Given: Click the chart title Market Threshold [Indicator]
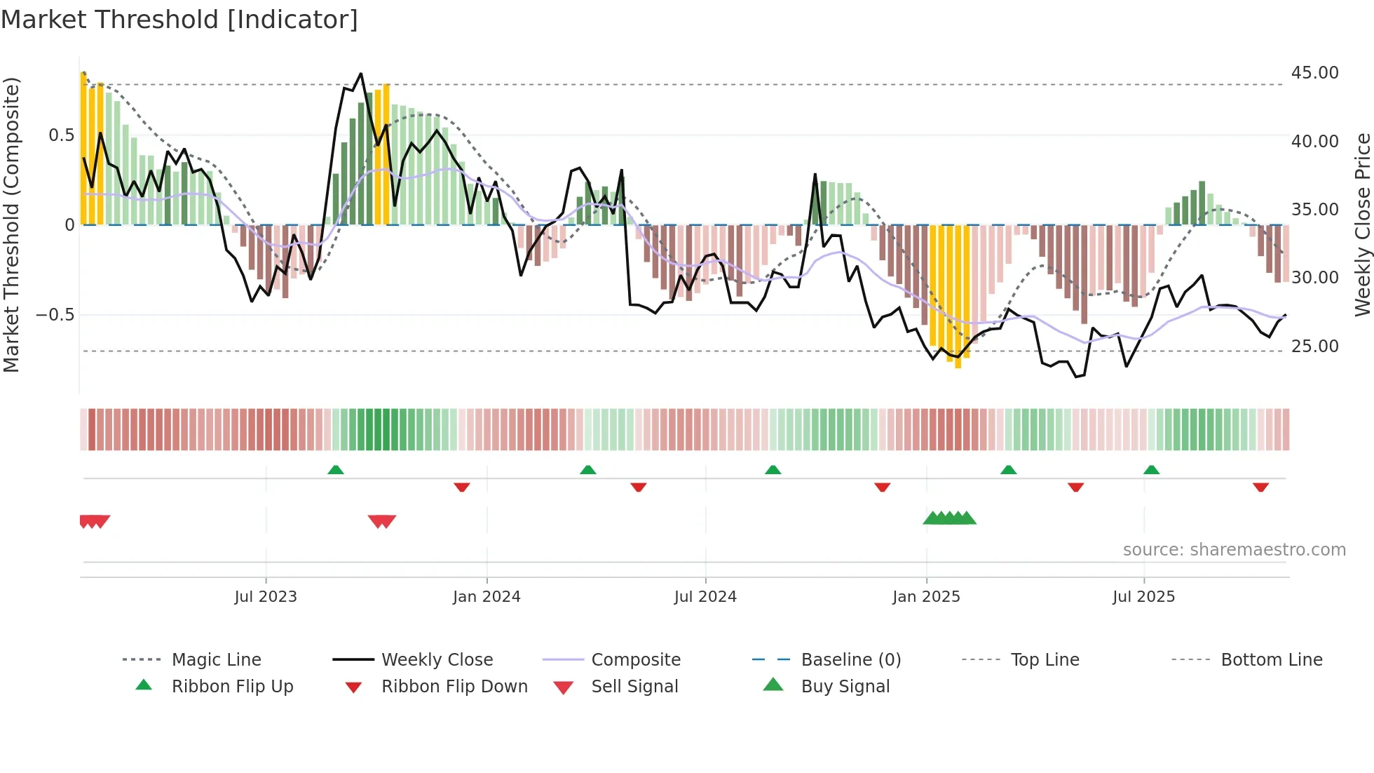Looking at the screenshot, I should click(179, 20).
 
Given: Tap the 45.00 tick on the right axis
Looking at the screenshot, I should click(1314, 73).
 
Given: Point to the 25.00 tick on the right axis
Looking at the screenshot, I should click(1314, 346).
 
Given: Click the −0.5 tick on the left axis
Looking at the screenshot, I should click(55, 315).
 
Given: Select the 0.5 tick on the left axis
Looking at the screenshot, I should click(61, 135).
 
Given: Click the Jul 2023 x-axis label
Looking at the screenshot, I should click(266, 597).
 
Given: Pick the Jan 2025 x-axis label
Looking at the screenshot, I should click(926, 597).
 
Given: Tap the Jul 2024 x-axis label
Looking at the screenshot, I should click(705, 597).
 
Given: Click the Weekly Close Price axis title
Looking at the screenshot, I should click(1362, 224).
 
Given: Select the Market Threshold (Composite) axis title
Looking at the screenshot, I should click(11, 224).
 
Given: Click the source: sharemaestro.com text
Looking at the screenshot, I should click(1234, 550).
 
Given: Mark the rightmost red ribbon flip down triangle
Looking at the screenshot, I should click(1260, 487).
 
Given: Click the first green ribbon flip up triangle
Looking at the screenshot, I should click(336, 470).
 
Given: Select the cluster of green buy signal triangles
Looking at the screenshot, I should click(949, 518).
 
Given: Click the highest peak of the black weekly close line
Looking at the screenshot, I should click(361, 74).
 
